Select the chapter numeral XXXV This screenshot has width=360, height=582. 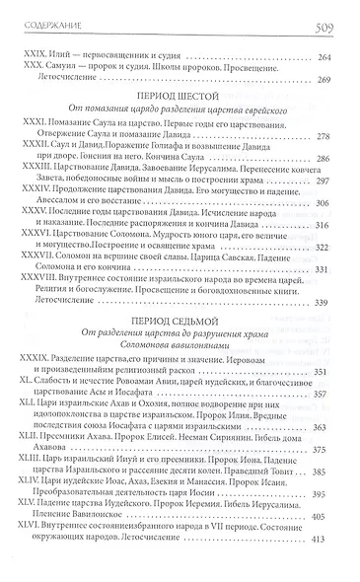pyautogui.click(x=35, y=241)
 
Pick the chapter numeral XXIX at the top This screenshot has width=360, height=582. pyautogui.click(x=33, y=58)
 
